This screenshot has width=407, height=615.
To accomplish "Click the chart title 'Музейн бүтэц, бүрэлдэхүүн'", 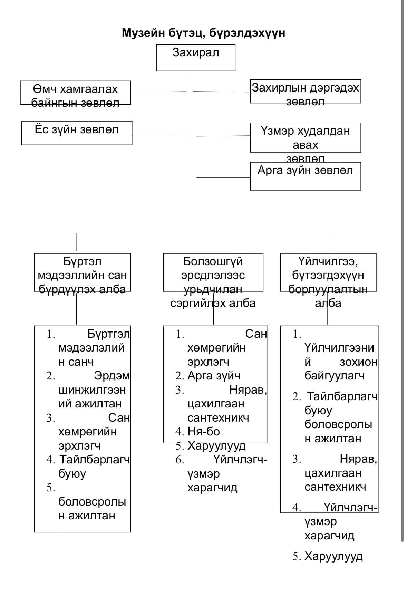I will (203, 33).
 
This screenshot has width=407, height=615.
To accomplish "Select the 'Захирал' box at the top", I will (196, 57).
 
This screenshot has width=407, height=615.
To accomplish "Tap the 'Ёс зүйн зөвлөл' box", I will (77, 133).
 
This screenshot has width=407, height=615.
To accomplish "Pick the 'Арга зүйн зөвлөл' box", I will (305, 176).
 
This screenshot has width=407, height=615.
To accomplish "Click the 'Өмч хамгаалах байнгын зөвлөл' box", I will (75, 93).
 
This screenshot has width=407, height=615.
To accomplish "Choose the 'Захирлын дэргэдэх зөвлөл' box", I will (305, 91).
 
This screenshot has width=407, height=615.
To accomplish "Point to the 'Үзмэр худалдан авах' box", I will (305, 137).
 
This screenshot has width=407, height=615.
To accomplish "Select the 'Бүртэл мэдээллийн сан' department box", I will (82, 272).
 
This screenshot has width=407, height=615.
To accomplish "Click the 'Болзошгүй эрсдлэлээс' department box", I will (213, 272).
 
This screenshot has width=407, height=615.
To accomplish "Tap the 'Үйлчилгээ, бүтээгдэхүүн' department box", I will (328, 272).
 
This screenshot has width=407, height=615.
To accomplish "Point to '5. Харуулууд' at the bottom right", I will (328, 556).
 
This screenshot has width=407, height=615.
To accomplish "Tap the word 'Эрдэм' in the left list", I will (112, 376).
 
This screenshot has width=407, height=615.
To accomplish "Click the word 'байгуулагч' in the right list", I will (334, 376).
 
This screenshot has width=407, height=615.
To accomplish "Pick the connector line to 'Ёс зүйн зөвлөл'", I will (159, 136).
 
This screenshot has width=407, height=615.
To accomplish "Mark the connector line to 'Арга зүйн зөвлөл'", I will (223, 177).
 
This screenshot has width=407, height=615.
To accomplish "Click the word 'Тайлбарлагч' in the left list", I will (95, 460).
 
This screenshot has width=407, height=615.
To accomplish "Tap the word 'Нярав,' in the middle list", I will (248, 390).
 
